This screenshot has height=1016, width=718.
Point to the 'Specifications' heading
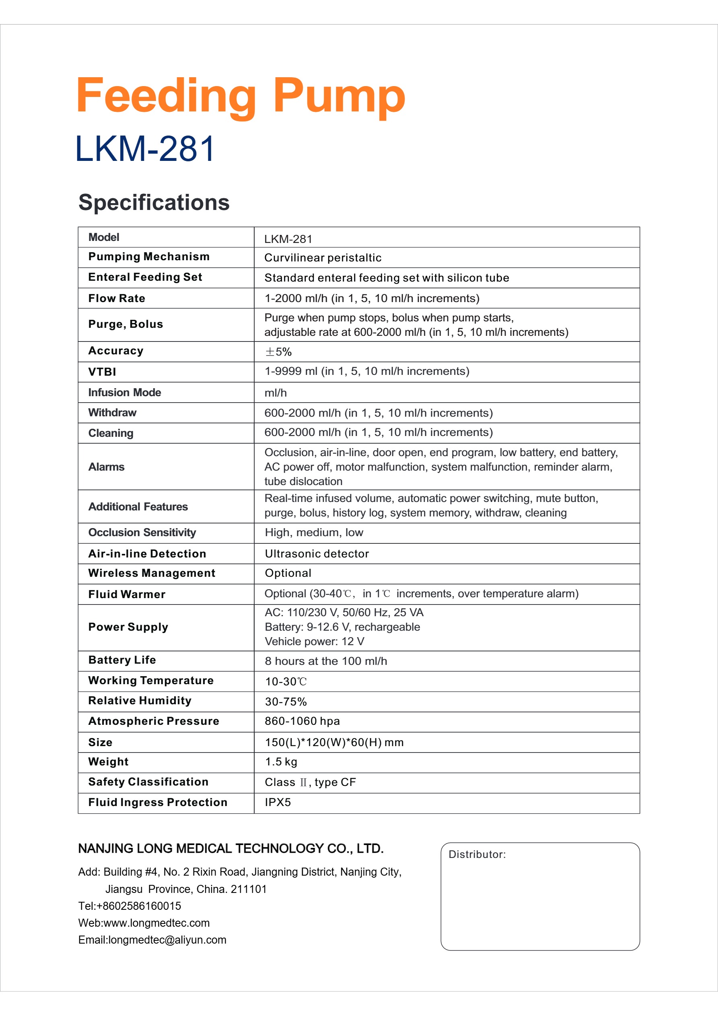(x=154, y=202)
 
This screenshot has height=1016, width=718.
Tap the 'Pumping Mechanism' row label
(x=149, y=257)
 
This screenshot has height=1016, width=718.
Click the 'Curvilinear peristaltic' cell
(x=322, y=257)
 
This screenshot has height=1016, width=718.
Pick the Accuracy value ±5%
(x=278, y=352)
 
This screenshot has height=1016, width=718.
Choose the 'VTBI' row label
(x=102, y=372)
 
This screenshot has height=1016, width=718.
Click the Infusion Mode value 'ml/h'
(x=276, y=393)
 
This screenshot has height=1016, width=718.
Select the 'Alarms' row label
(x=106, y=467)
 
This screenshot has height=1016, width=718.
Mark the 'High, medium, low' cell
(x=314, y=533)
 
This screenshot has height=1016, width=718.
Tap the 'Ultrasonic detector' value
(x=317, y=553)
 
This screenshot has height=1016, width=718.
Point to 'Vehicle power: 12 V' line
(x=314, y=641)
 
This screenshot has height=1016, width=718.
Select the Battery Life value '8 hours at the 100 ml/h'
(x=326, y=661)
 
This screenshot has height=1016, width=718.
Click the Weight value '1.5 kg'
(x=281, y=761)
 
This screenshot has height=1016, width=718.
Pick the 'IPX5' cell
(x=278, y=802)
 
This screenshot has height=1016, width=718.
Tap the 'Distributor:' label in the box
(x=477, y=854)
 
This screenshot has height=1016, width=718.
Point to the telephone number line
(x=130, y=906)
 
